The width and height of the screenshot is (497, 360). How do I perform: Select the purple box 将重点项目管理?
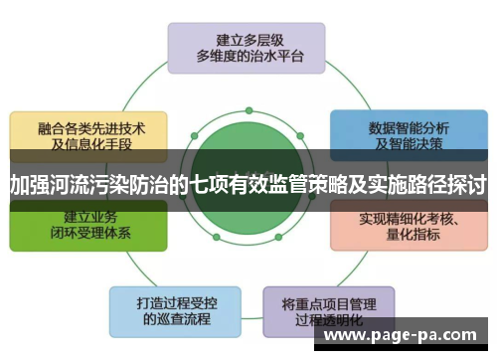tap(326, 310)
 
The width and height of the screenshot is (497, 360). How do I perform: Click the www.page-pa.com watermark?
tap(402, 336)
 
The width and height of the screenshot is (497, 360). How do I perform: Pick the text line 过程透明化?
tap(326, 319)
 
